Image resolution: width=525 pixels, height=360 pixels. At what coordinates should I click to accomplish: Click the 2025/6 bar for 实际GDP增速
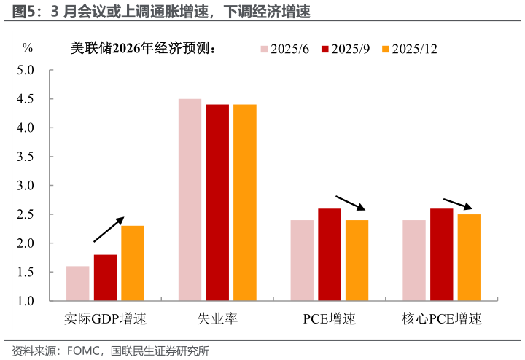pos(77,283)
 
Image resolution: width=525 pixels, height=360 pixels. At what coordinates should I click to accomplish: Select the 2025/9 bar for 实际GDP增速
pos(105,278)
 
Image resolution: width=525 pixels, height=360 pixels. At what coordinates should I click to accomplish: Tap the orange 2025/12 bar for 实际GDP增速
pos(133,263)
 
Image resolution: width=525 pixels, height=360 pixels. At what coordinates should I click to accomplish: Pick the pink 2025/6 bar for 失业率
pos(190,200)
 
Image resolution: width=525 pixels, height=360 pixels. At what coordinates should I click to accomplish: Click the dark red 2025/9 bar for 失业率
pos(217,203)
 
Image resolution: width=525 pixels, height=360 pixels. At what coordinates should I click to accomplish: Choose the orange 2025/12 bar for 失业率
pos(245,203)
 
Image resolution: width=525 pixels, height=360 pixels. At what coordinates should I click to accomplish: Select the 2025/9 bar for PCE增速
pos(330,254)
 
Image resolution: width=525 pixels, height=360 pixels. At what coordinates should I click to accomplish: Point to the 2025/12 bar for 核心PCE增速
pos(469,257)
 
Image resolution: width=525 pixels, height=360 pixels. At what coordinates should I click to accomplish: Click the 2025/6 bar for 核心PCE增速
pos(413,260)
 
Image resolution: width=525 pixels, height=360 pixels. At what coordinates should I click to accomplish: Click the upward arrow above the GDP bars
pos(109,230)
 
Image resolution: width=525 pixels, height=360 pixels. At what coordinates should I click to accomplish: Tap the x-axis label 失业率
pos(217,319)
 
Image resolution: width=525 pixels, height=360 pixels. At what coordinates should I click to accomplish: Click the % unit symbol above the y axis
pos(28,48)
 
